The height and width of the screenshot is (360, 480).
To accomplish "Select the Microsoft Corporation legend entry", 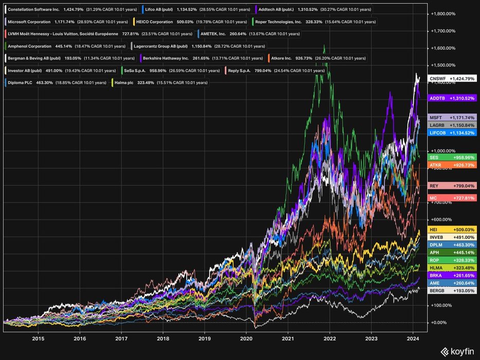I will (66, 22).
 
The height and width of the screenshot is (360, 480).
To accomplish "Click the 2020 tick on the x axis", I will (246, 338).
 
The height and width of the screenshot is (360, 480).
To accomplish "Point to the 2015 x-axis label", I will (38, 338).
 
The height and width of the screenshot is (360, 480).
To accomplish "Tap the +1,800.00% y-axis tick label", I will (443, 14).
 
